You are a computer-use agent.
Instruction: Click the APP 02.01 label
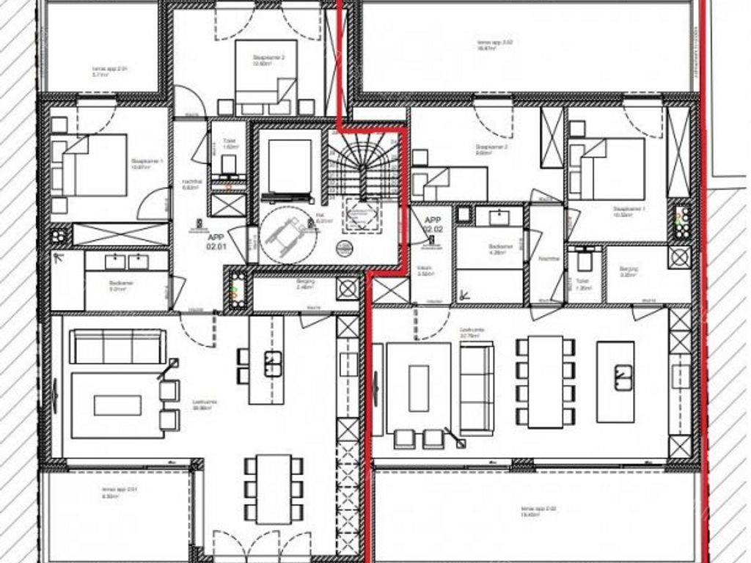pyautogui.click(x=215, y=243)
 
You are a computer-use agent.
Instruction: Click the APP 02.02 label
pyautogui.click(x=433, y=224)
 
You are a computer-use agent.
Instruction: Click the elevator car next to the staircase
pyautogui.click(x=290, y=166)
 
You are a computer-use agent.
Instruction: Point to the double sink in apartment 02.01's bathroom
pyautogui.click(x=126, y=262)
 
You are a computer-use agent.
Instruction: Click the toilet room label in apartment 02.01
pyautogui.click(x=229, y=147)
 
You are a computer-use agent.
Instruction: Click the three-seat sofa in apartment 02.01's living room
pyautogui.click(x=117, y=346)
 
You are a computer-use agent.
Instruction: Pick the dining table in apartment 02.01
pyautogui.click(x=274, y=488)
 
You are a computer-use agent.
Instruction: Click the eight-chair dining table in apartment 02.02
pyautogui.click(x=546, y=381)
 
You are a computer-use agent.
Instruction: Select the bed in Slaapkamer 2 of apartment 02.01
pyautogui.click(x=265, y=77)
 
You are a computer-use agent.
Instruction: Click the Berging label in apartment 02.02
pyautogui.click(x=629, y=269)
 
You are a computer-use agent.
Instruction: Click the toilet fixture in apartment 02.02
pyautogui.click(x=585, y=260)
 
